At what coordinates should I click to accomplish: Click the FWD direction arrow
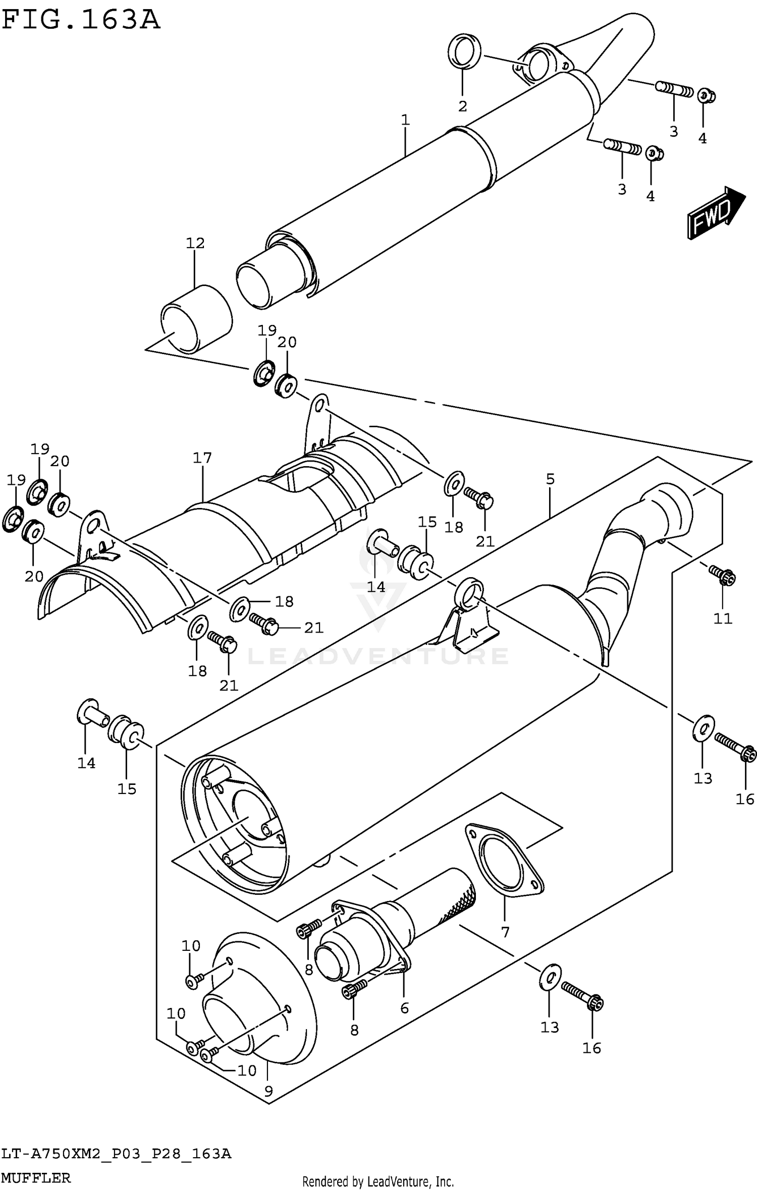point(715,212)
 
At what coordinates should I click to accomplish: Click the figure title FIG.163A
point(81,20)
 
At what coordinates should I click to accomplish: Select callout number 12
point(195,243)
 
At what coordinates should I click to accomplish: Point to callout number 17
point(202,458)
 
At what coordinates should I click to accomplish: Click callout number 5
point(550,479)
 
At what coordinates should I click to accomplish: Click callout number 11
point(723,618)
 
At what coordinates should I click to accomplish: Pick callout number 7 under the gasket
point(505,932)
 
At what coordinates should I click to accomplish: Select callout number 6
point(404,1008)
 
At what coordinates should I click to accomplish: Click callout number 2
point(462,106)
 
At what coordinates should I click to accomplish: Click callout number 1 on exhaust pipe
point(405,120)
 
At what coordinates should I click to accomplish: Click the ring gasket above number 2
point(464,50)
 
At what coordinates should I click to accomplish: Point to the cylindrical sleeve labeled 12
point(196,319)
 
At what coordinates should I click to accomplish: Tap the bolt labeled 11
point(724,575)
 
